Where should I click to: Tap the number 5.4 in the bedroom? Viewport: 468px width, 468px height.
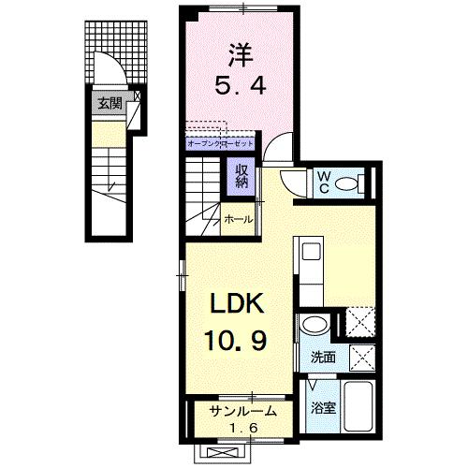click(x=242, y=86)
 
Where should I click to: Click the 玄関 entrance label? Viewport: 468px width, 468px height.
click(x=109, y=103)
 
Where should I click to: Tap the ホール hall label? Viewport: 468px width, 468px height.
click(x=236, y=218)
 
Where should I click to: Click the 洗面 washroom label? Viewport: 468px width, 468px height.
click(x=323, y=357)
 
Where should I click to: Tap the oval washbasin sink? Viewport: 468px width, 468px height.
click(x=314, y=325)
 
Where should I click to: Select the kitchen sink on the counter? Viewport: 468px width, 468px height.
click(x=309, y=253)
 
